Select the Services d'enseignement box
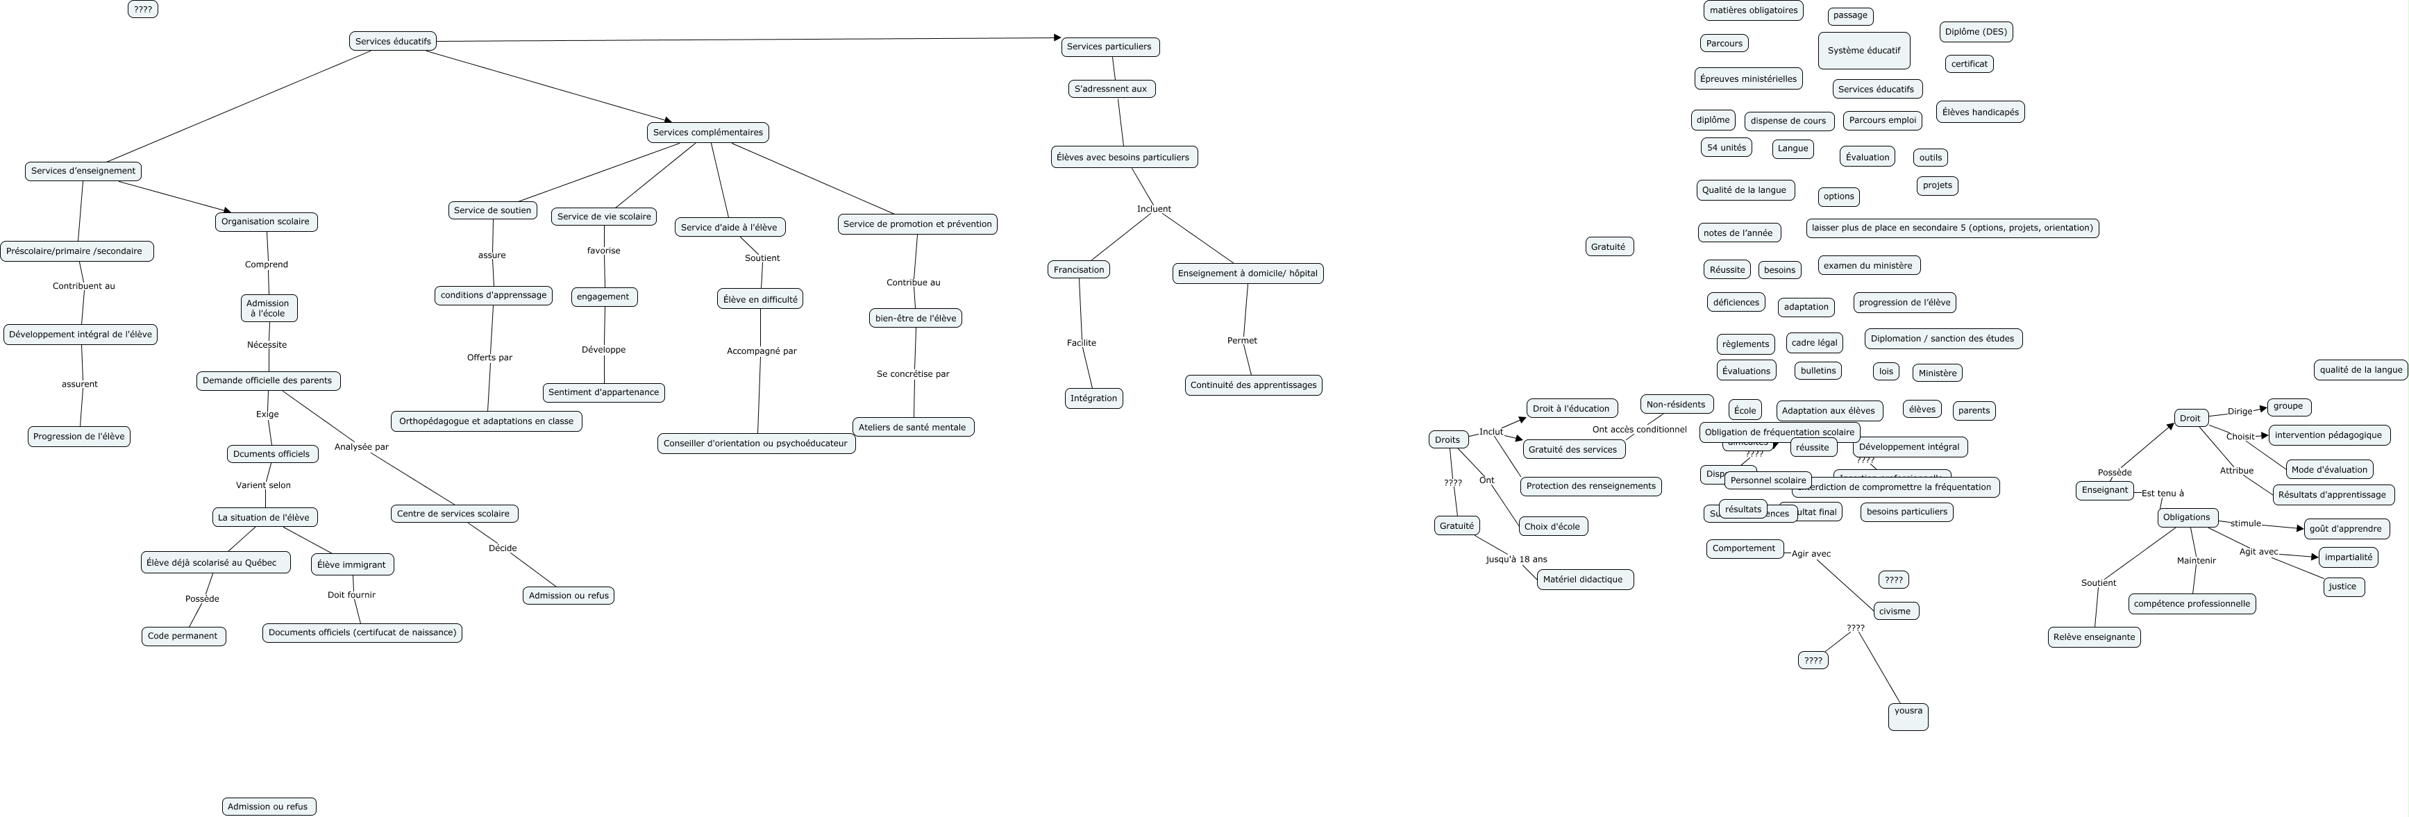tap(83, 171)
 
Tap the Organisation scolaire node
tap(266, 221)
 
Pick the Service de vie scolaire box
tap(604, 217)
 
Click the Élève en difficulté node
tap(760, 299)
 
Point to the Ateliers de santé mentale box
tap(913, 427)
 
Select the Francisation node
tap(1078, 270)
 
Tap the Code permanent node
tap(183, 637)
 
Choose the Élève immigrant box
tap(351, 564)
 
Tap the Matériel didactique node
tap(1584, 580)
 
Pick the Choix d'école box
tap(1552, 526)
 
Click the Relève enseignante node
tap(2095, 637)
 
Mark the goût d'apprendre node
tap(2345, 529)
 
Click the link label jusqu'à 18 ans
tap(1517, 559)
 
